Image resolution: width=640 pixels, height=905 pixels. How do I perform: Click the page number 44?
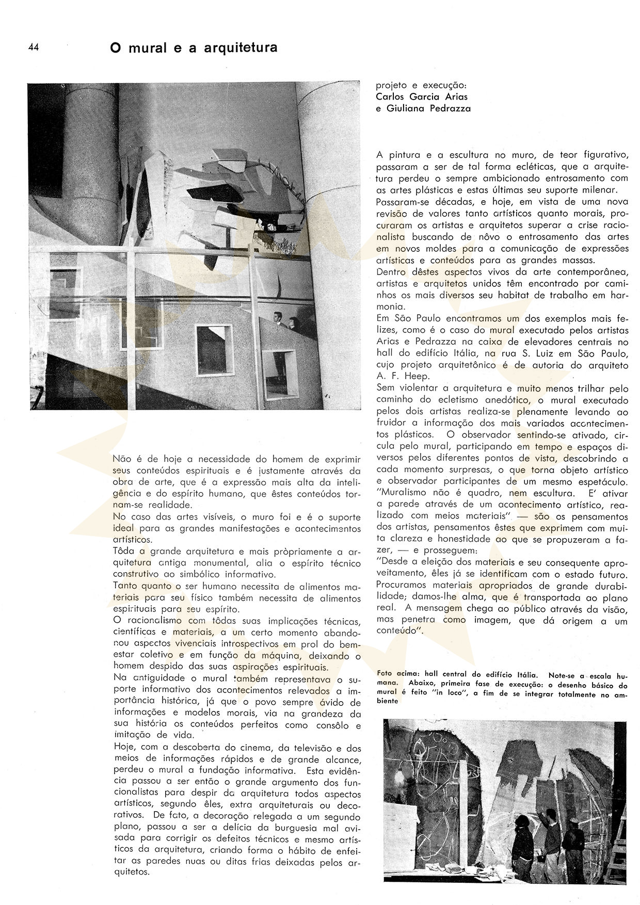coord(34,47)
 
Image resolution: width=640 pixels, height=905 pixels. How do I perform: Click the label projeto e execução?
coord(416,85)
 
